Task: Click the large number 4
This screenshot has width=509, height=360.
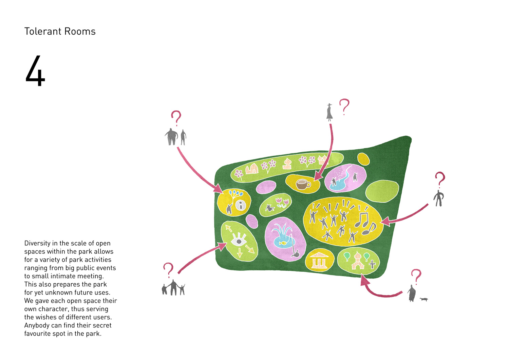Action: click(35, 71)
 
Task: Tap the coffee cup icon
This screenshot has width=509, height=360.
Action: click(303, 184)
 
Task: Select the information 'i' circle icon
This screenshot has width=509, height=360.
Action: click(241, 205)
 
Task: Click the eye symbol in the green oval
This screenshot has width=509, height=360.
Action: click(239, 241)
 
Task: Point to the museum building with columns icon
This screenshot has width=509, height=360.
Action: click(318, 261)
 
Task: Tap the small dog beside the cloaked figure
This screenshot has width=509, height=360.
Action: click(423, 299)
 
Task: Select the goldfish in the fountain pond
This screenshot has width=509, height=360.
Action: click(283, 243)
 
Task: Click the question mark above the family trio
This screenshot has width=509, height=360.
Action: click(168, 270)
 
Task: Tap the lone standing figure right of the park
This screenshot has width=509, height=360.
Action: click(439, 198)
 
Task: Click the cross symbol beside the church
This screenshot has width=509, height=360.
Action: click(372, 264)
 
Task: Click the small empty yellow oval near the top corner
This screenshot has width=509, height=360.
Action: click(363, 159)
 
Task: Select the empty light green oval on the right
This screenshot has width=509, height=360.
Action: click(382, 191)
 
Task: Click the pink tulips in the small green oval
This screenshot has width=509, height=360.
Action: click(282, 202)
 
